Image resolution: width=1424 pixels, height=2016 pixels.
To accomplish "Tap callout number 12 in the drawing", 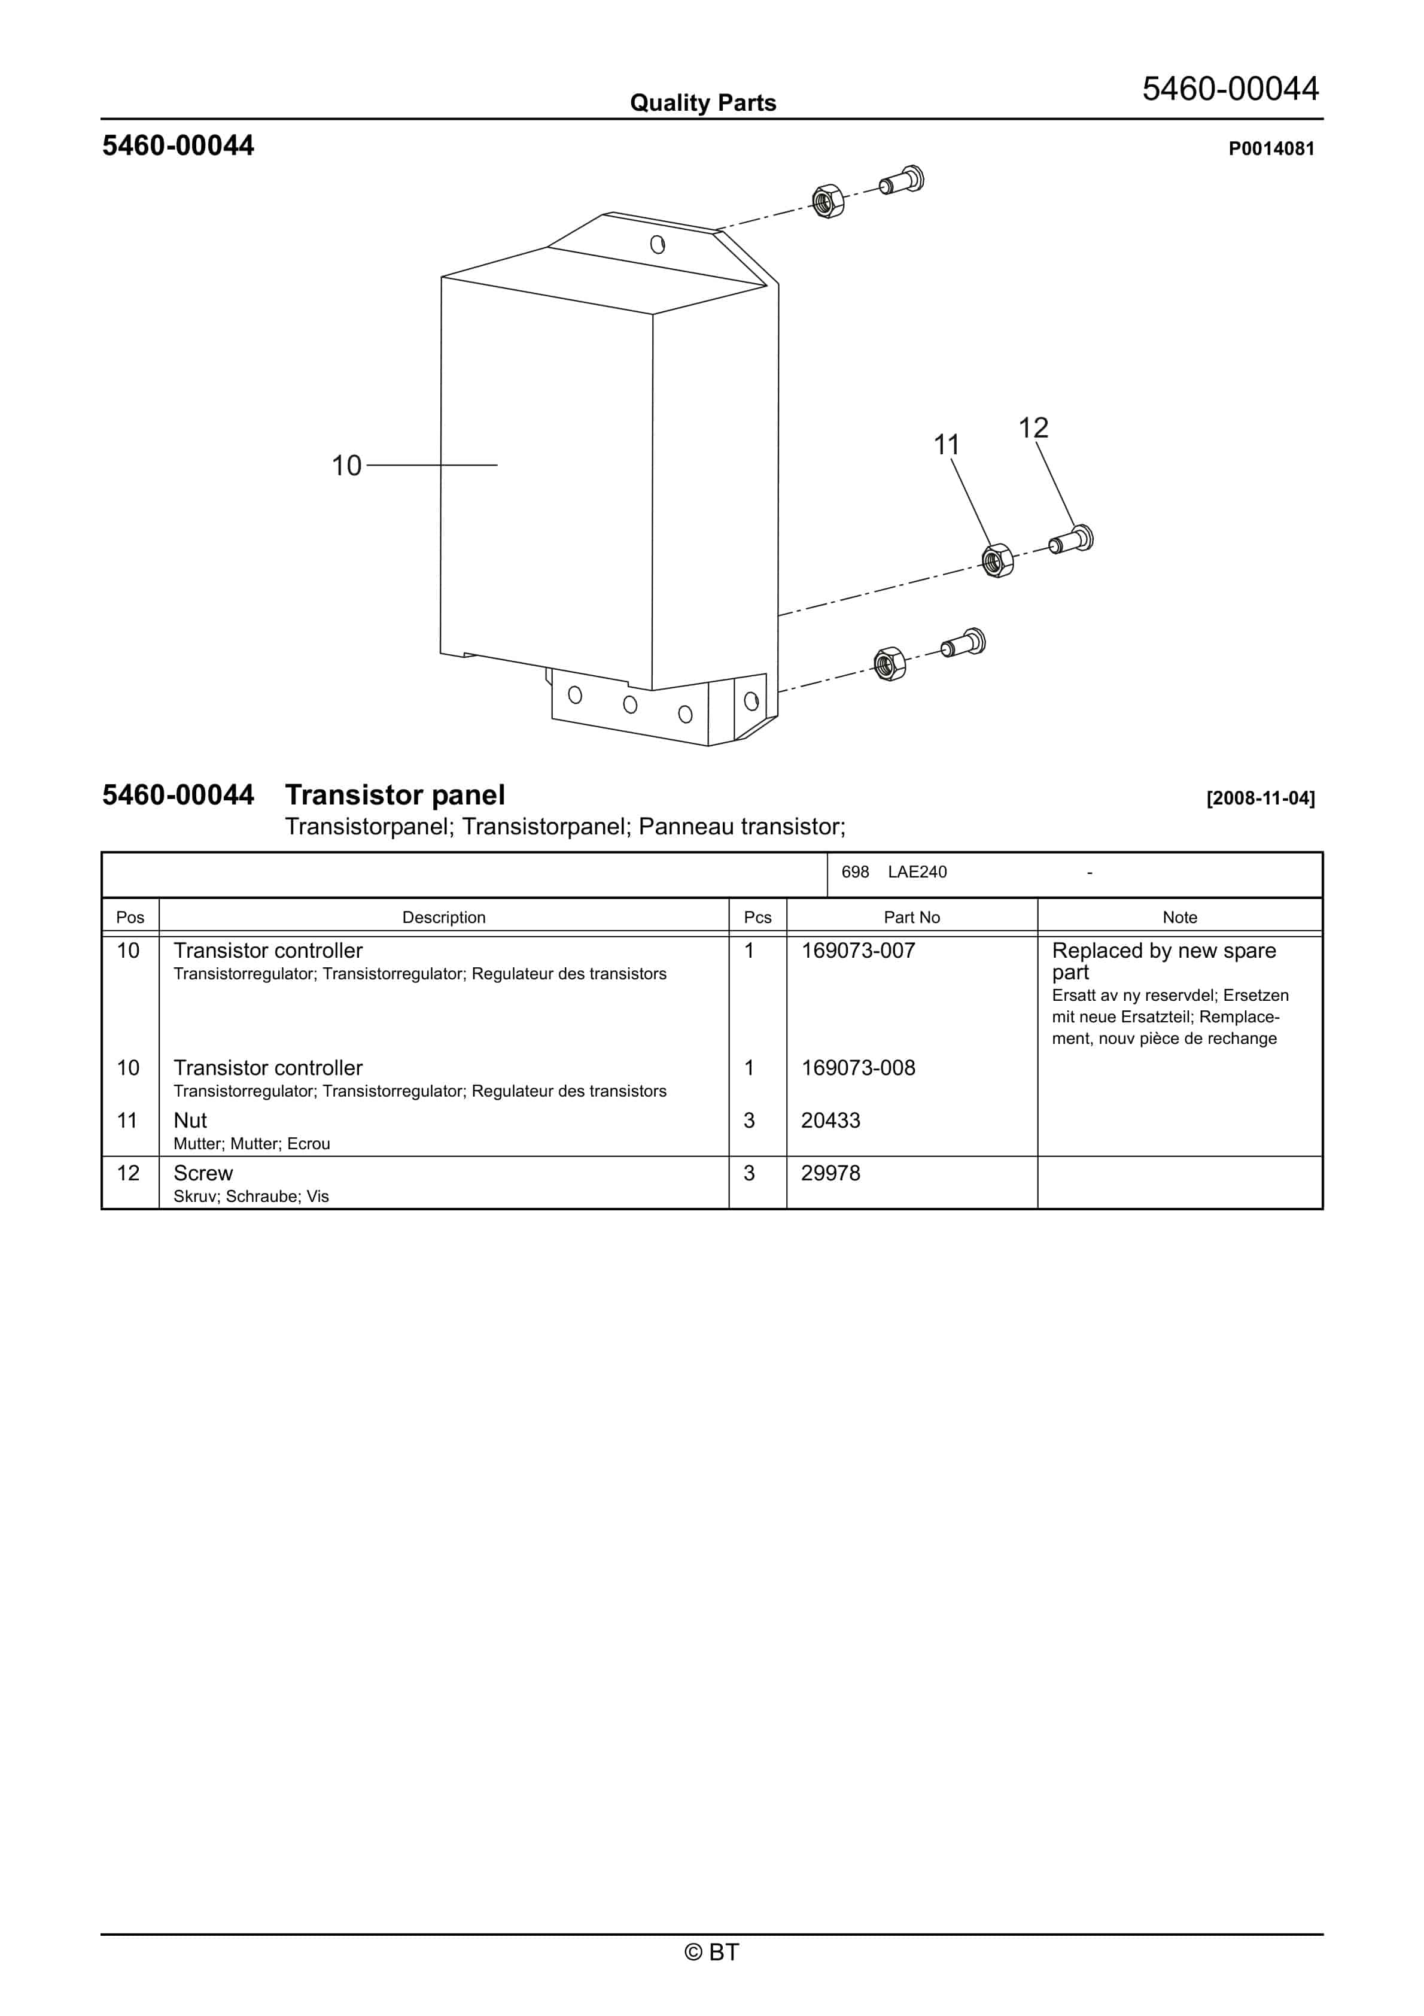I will (1033, 429).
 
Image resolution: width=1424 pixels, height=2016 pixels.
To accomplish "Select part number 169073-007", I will (858, 951).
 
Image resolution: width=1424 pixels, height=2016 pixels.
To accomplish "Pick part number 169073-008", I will (858, 1068).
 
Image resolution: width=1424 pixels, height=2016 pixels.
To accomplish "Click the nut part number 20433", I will (830, 1121).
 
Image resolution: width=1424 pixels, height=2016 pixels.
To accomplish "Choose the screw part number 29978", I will (830, 1173).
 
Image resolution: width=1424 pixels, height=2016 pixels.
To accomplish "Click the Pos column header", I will (130, 918).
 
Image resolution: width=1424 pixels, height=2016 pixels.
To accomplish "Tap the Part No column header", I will (911, 918).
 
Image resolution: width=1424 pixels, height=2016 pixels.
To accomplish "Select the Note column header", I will (1179, 918).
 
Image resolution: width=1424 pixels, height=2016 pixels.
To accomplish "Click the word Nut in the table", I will (190, 1121).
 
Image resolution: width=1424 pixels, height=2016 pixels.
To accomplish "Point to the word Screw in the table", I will (203, 1173).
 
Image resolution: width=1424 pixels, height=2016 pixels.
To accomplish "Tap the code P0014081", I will (1270, 149).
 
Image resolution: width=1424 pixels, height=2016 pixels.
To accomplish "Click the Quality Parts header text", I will (702, 103).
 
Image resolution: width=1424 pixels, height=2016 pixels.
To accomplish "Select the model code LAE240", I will (917, 872).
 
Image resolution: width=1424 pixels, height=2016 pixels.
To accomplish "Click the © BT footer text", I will (711, 1952).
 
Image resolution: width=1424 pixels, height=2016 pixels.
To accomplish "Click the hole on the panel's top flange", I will (657, 245).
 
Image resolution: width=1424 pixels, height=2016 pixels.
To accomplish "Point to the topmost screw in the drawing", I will (902, 183).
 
